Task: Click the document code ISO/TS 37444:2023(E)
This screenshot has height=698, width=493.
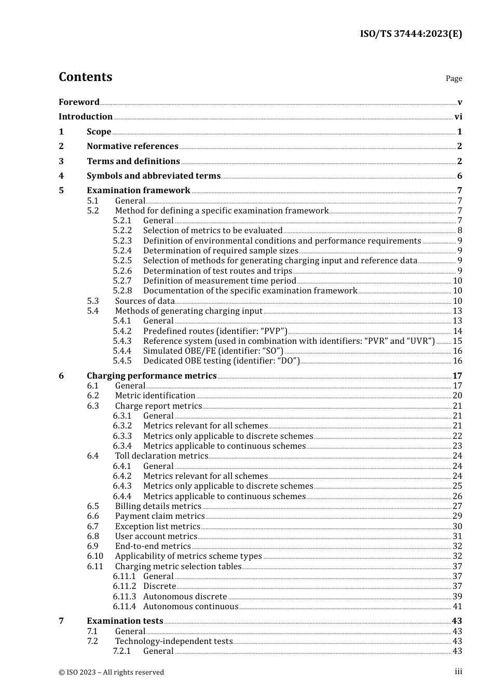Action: point(410,34)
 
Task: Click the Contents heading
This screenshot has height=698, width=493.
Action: point(85,77)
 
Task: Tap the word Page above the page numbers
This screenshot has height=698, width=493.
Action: point(454,78)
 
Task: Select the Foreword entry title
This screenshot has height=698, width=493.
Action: point(79,102)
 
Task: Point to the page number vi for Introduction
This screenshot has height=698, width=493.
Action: point(458,117)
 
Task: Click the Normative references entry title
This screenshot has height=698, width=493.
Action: point(132,146)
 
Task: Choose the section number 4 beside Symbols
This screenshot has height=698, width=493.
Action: point(61,176)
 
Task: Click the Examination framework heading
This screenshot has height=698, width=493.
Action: point(139,191)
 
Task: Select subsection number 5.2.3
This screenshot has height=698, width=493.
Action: point(122,241)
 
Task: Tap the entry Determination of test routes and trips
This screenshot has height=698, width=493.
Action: point(217,271)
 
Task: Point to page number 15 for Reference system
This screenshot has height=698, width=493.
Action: point(457,341)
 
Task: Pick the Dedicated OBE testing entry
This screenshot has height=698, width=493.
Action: point(221,361)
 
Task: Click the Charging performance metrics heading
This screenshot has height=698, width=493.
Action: point(152,376)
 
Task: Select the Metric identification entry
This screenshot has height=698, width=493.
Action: point(155,396)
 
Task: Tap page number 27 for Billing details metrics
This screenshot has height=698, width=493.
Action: point(457,506)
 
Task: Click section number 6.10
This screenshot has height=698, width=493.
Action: point(95,556)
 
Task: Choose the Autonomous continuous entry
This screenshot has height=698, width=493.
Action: point(190,607)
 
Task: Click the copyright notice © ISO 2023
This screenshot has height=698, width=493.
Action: point(111,672)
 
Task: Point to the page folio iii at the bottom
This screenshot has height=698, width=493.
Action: point(458,672)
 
